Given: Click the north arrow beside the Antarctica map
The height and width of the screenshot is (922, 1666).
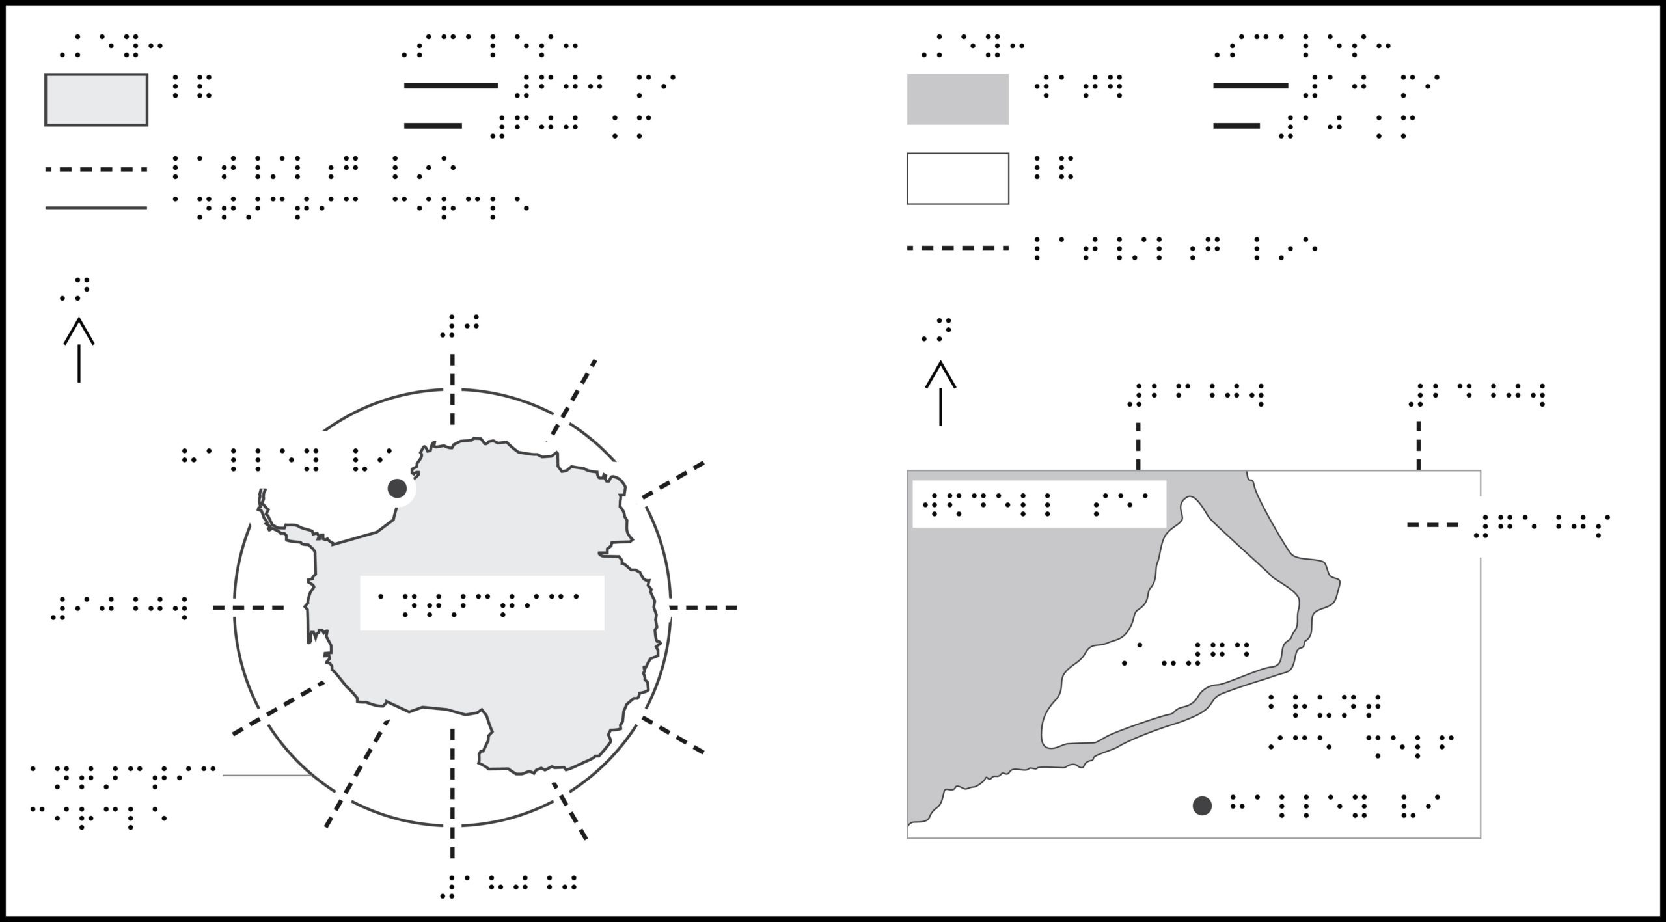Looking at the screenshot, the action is (x=79, y=350).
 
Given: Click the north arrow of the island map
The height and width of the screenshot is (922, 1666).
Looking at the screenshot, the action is (x=940, y=394).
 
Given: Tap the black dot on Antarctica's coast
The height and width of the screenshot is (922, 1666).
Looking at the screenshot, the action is (x=397, y=488).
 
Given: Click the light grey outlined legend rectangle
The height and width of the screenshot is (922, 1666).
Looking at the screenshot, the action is (x=96, y=100).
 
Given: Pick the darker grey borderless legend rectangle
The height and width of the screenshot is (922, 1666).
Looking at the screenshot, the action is (x=958, y=99).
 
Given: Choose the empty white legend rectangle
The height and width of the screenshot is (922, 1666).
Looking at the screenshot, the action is (x=958, y=178).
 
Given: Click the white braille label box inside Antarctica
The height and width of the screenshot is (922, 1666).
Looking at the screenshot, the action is (x=482, y=603).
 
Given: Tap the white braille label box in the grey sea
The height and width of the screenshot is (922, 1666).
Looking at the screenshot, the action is (x=1039, y=504).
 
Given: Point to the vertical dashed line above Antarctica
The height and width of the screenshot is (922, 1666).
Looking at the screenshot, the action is (x=452, y=389).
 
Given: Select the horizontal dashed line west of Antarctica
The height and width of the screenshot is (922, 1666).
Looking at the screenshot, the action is (x=249, y=608).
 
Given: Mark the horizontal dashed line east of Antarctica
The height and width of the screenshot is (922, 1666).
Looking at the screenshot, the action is (x=703, y=608).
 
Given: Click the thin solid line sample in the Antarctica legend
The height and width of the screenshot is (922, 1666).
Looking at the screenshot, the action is (x=96, y=208).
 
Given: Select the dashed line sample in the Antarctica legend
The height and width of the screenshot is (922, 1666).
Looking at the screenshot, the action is (x=96, y=170).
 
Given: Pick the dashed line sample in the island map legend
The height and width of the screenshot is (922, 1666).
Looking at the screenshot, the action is (x=958, y=248).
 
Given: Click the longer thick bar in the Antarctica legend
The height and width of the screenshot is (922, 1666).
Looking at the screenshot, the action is (x=451, y=85).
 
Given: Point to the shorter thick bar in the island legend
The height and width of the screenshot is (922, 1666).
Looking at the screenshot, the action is (x=1236, y=126).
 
